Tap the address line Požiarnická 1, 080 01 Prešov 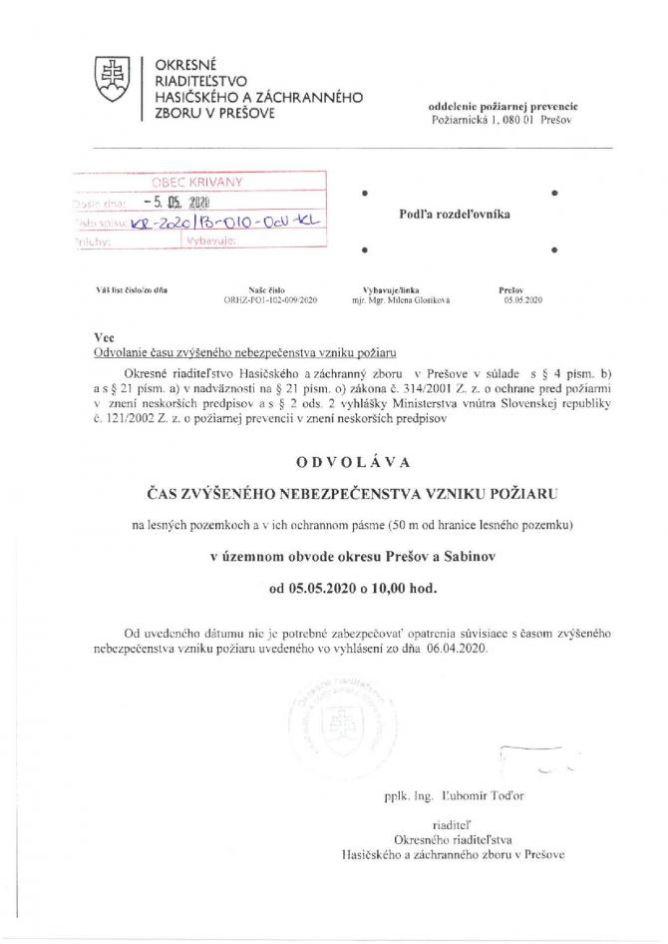click(498, 120)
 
